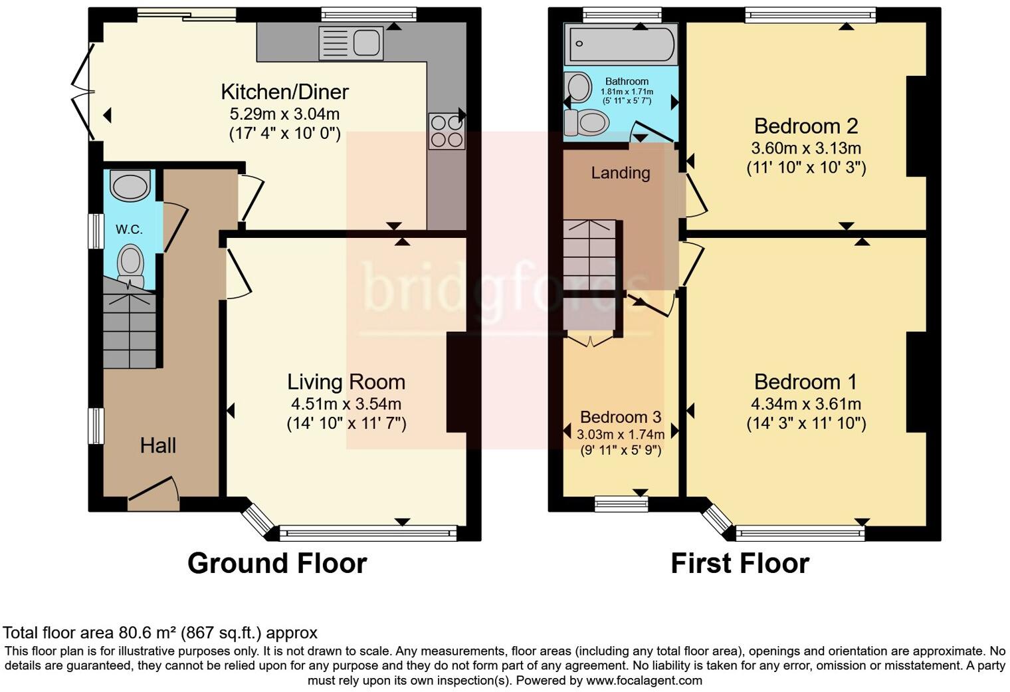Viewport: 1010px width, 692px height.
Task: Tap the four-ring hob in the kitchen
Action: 447,131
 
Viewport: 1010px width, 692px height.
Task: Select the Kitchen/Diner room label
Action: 284,92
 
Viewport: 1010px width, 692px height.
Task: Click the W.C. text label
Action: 129,229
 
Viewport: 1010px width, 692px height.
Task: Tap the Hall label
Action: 158,445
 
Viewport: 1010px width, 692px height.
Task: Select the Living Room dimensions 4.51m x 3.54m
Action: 346,404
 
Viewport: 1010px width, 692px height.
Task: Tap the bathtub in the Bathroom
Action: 620,44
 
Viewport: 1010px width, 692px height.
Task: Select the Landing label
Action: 621,173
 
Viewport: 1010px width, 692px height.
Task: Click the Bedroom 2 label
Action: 805,126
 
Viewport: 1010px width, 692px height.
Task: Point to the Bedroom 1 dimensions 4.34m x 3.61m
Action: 805,404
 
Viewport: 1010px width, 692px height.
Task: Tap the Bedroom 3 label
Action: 620,417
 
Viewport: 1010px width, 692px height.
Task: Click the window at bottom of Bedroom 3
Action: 621,504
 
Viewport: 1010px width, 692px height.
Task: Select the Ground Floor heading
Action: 277,563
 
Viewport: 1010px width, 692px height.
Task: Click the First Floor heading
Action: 740,563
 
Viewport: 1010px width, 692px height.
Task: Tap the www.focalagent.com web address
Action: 644,681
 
